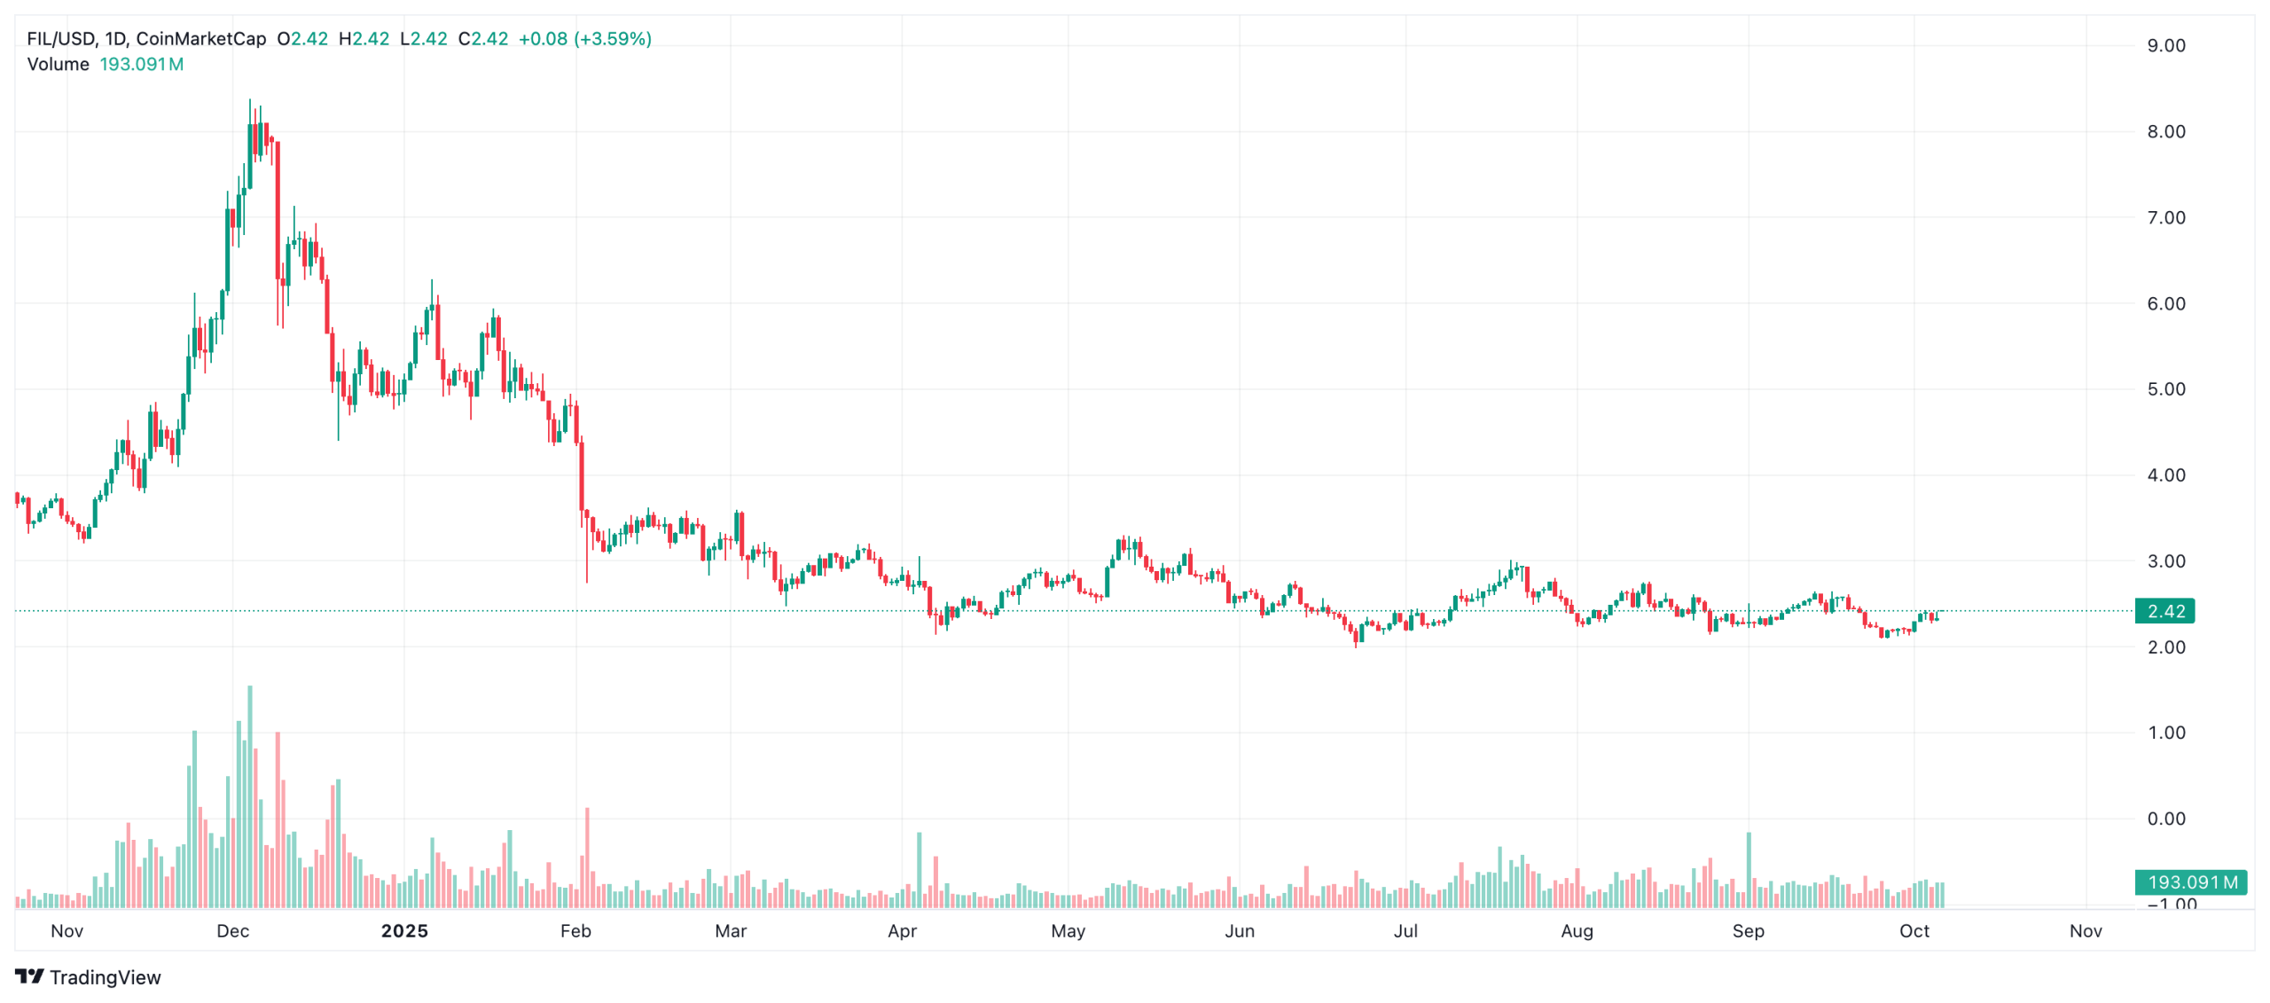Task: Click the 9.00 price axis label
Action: pyautogui.click(x=2164, y=46)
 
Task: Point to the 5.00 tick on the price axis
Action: pyautogui.click(x=2164, y=389)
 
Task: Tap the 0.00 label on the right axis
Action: pyautogui.click(x=2164, y=819)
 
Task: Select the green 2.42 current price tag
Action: pyautogui.click(x=2164, y=611)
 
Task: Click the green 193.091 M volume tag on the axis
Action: pyautogui.click(x=2191, y=882)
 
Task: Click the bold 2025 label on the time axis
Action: pyautogui.click(x=404, y=930)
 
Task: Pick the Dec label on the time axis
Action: pyautogui.click(x=233, y=930)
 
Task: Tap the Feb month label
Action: pyautogui.click(x=575, y=930)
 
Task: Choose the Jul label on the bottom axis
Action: pyautogui.click(x=1405, y=930)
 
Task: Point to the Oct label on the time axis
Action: pyautogui.click(x=1914, y=930)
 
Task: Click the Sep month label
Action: pyautogui.click(x=1749, y=930)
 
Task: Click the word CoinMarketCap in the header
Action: pyautogui.click(x=200, y=39)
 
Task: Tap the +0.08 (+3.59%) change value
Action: pyautogui.click(x=584, y=39)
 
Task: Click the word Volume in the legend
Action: pyautogui.click(x=58, y=65)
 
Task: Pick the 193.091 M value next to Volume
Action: pyautogui.click(x=141, y=65)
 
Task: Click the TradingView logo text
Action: pyautogui.click(x=105, y=977)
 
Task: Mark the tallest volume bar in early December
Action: pyautogui.click(x=250, y=798)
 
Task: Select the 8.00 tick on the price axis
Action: pyautogui.click(x=2164, y=132)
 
